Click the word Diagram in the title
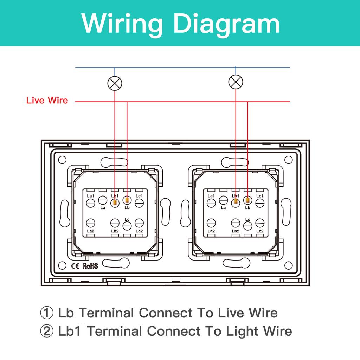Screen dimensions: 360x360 click(x=227, y=23)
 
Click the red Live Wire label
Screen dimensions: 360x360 click(x=47, y=101)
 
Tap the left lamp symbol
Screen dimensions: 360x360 click(x=115, y=83)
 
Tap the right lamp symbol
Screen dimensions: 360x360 click(x=236, y=82)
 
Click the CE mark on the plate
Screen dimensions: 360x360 click(x=76, y=265)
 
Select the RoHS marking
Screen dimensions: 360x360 click(x=90, y=265)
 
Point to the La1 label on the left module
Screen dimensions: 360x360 click(x=90, y=196)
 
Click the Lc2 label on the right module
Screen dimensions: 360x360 click(x=260, y=231)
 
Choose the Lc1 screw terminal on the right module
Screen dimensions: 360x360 click(x=260, y=202)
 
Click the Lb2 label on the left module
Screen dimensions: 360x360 click(x=115, y=231)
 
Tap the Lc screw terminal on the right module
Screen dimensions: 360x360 click(x=247, y=226)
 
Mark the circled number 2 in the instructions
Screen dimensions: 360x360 click(x=47, y=331)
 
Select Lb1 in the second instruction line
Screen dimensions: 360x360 click(x=71, y=331)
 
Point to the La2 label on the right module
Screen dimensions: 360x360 click(x=211, y=231)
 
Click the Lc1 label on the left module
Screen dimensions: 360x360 click(x=139, y=196)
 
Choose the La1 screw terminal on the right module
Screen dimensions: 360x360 click(x=211, y=202)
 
